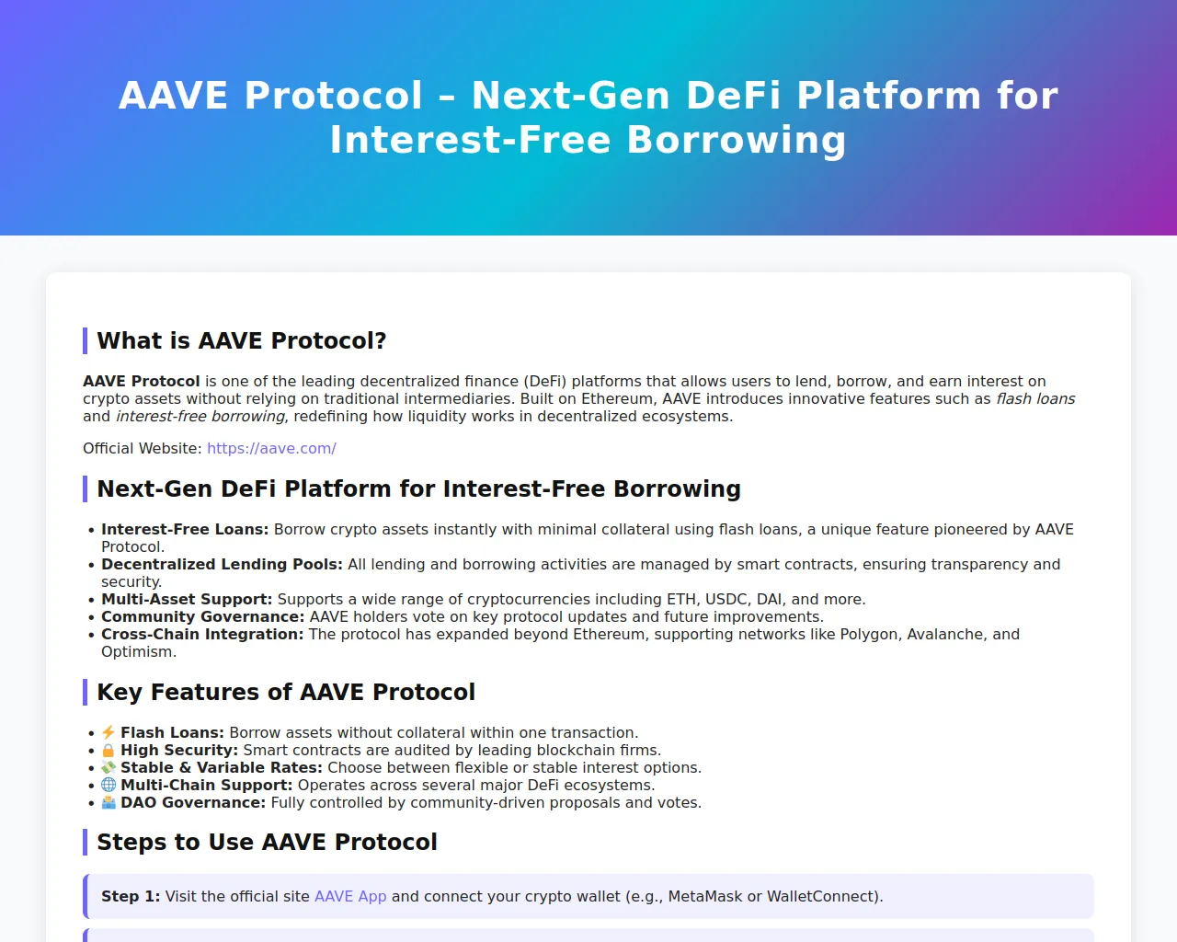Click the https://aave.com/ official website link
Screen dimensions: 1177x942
(x=271, y=448)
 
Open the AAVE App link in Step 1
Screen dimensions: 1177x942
(x=350, y=896)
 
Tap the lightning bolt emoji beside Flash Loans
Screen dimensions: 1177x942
(x=109, y=732)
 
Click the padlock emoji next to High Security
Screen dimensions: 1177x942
(x=109, y=750)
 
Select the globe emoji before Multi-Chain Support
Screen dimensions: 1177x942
(x=109, y=785)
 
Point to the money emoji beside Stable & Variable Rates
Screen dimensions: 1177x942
(x=109, y=767)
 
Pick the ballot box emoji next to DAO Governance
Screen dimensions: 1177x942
(x=109, y=802)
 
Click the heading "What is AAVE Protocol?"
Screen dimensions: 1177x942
(x=241, y=340)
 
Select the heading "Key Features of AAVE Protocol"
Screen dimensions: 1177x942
(x=285, y=692)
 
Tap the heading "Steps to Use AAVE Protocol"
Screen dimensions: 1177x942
(x=267, y=842)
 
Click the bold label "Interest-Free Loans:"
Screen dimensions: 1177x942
(x=185, y=529)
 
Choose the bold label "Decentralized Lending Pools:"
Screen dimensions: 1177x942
(x=222, y=564)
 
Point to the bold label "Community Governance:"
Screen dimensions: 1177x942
(x=203, y=617)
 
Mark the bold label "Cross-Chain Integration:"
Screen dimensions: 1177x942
(x=202, y=635)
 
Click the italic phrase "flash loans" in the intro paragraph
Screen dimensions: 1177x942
(x=1035, y=398)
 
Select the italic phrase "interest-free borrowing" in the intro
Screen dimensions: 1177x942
(x=200, y=416)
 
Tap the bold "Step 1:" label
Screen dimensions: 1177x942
(x=131, y=896)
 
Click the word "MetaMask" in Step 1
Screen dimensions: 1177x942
(x=705, y=896)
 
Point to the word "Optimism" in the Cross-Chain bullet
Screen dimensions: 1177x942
(x=137, y=652)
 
